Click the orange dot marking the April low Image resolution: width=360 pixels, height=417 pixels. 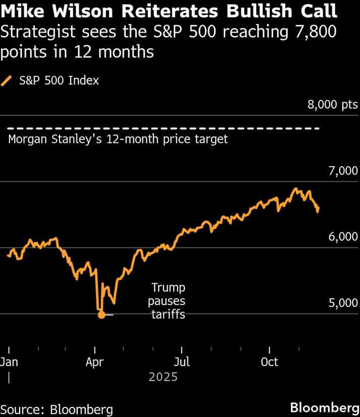point(101,315)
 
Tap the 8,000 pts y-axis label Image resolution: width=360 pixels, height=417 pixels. point(333,105)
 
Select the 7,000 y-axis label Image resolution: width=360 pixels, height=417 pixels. point(343,171)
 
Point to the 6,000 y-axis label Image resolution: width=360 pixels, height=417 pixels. point(343,237)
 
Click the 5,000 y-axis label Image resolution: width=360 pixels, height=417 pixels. point(343,303)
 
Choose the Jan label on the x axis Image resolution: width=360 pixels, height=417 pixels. point(9,362)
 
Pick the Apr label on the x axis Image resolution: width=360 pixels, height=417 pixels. point(95,362)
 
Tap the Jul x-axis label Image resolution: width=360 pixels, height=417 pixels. point(182,362)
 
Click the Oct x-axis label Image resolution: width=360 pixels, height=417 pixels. point(269,362)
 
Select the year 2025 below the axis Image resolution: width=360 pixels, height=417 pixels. point(163,377)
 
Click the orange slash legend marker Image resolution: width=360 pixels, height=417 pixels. point(6,81)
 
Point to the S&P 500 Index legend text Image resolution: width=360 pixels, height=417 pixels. point(59,81)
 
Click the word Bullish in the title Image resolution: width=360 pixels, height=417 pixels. point(259,11)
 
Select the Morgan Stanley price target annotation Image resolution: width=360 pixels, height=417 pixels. point(118,139)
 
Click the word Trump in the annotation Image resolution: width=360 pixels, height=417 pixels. point(169,288)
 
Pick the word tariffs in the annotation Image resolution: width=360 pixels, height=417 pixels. point(169,315)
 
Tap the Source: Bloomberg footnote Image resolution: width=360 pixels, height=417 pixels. point(57,410)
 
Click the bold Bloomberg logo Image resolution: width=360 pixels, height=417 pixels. point(325,408)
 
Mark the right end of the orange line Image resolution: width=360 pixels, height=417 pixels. point(318,207)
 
